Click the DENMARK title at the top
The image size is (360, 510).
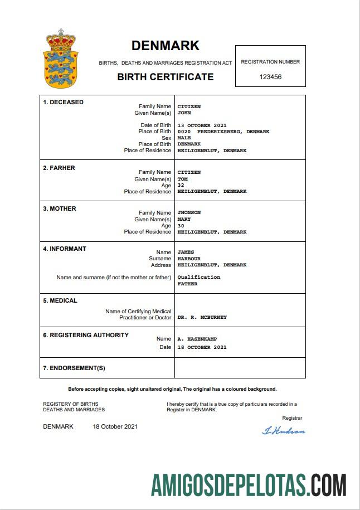point(165,46)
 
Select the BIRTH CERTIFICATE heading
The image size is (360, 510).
point(165,77)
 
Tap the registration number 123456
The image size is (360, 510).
point(270,77)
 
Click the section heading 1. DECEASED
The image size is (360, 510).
point(63,102)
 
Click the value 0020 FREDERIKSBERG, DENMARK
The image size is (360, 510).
point(223,132)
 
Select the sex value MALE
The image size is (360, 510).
point(184,138)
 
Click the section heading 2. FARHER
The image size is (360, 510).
point(59,168)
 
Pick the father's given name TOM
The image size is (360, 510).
point(182,179)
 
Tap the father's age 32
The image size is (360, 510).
point(181,185)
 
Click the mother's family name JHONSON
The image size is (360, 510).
point(189,212)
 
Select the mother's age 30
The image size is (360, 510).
point(181,225)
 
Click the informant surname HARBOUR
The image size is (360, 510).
point(189,259)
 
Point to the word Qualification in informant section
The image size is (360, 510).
point(198,277)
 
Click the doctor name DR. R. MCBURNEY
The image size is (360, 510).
point(202,317)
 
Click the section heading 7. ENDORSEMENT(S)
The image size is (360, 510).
point(74,368)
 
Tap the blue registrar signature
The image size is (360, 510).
point(283,430)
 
